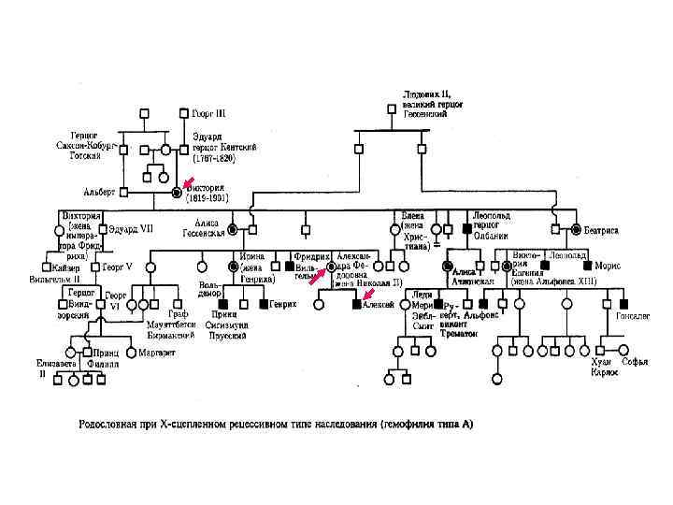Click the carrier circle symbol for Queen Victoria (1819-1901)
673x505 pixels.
tap(177, 194)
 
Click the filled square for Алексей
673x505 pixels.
tap(356, 304)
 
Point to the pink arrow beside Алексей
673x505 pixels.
tap(369, 294)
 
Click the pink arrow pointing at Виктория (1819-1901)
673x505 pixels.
tap(188, 181)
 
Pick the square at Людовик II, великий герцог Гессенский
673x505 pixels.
tap(390, 107)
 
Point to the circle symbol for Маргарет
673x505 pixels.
tap(132, 353)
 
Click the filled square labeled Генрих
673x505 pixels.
tap(263, 304)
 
